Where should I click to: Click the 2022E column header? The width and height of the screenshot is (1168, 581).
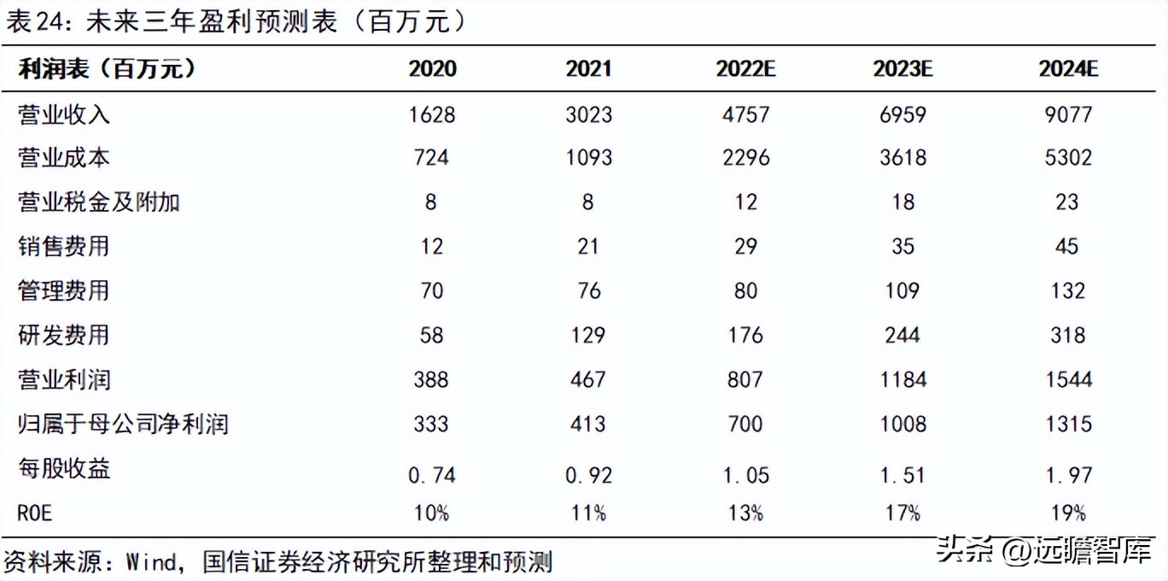point(745,69)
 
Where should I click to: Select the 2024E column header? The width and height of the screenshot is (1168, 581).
point(1068,69)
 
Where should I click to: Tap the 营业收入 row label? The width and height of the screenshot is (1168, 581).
point(64,114)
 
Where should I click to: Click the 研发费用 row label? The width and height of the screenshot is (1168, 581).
point(64,334)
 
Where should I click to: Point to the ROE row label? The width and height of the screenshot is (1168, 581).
point(34,513)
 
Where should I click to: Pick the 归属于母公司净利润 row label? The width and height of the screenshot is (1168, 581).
point(123,423)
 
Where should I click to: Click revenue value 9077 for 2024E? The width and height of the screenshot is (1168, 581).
point(1068,114)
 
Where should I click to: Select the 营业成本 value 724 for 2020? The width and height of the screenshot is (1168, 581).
point(431,158)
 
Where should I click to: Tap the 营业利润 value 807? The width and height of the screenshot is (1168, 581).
point(745,379)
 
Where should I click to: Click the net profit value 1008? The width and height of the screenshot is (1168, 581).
point(902,423)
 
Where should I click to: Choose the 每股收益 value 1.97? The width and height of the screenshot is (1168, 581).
point(1068,474)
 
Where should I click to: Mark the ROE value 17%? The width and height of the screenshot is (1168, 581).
point(902,513)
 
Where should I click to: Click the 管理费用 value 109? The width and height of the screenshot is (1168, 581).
point(902,290)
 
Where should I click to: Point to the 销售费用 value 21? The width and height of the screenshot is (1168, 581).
point(588,246)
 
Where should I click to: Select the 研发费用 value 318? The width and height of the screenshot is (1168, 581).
point(1068,334)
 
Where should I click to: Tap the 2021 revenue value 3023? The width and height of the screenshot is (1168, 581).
point(588,114)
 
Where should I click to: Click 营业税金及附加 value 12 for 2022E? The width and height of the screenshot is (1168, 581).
point(745,202)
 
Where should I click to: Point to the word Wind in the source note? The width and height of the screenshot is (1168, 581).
point(153,562)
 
